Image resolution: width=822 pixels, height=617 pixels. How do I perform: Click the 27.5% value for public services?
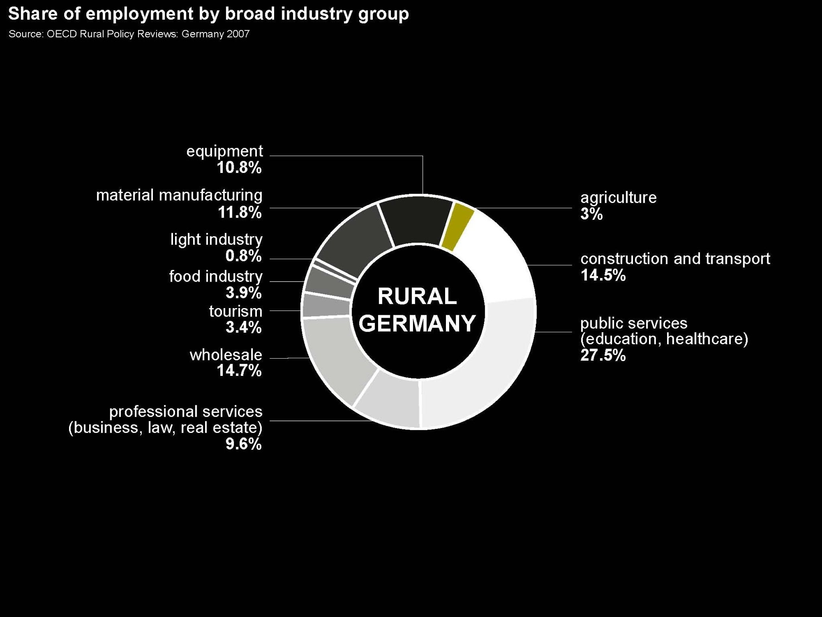point(603,355)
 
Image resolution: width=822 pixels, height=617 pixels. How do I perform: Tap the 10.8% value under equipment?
point(239,168)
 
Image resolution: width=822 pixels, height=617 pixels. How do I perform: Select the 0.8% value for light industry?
point(243,256)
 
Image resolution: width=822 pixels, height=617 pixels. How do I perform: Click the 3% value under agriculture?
point(591,214)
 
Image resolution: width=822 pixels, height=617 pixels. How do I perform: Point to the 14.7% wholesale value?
point(239,371)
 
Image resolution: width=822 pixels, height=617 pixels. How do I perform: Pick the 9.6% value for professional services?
point(243,444)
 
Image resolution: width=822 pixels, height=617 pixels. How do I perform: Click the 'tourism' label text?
point(236,311)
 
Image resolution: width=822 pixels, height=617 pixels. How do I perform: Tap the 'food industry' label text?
point(216,276)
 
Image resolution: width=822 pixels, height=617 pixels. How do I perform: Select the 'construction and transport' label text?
point(675,259)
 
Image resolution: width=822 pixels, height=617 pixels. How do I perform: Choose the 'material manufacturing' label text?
point(179,195)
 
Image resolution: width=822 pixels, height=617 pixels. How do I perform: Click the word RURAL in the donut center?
point(417,296)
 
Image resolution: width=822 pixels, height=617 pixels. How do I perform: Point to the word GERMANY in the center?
point(417,323)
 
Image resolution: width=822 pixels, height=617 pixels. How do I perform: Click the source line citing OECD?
point(129,34)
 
